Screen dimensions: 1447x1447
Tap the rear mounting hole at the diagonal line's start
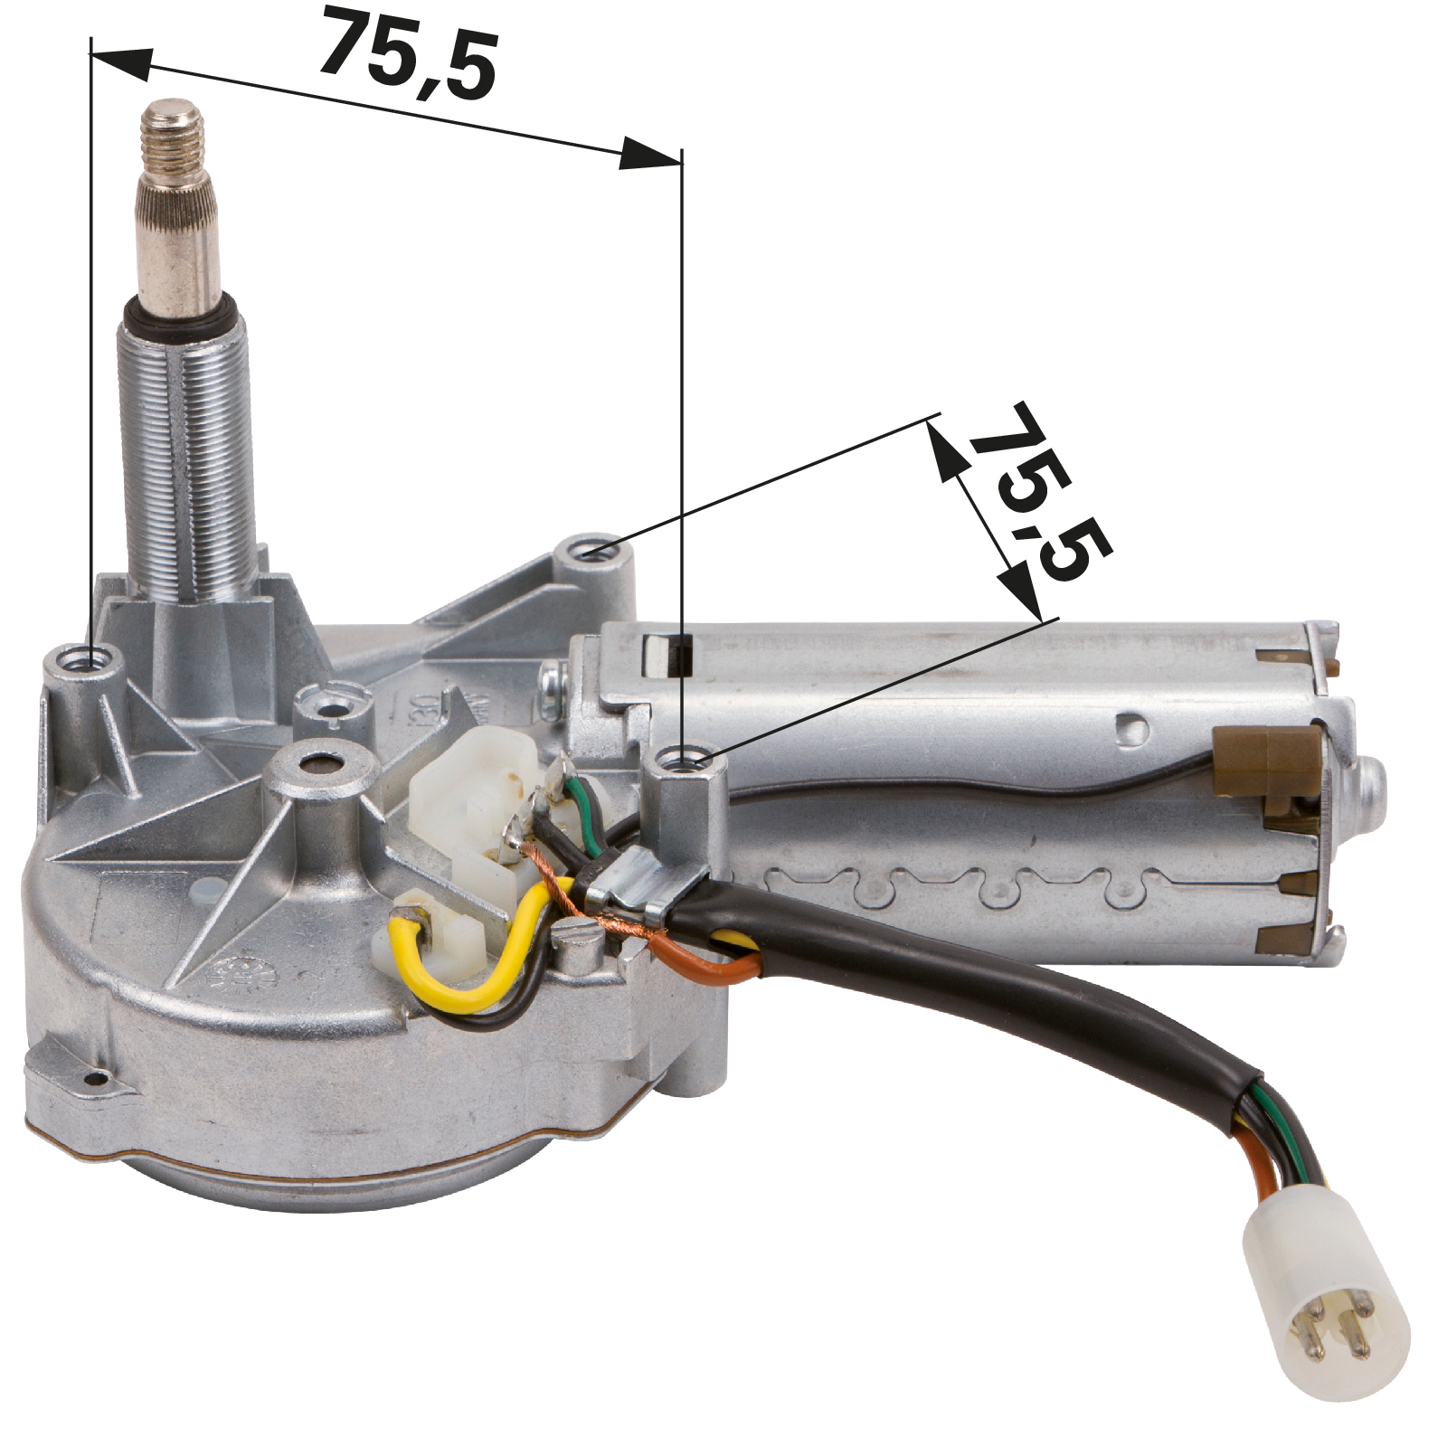[x=587, y=553]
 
